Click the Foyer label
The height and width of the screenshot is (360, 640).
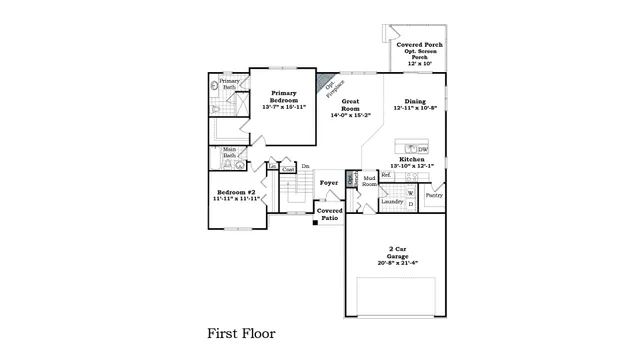[328, 183]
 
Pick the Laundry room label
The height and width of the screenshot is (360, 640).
[392, 201]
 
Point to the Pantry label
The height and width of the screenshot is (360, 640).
[434, 195]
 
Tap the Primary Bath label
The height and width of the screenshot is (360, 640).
[229, 84]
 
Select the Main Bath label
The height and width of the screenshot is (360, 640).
[229, 153]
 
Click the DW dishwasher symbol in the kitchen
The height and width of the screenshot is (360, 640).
[423, 149]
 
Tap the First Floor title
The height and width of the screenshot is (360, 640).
[241, 332]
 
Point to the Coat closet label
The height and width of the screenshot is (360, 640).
[288, 170]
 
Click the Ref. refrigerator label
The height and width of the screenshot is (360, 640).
[386, 175]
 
